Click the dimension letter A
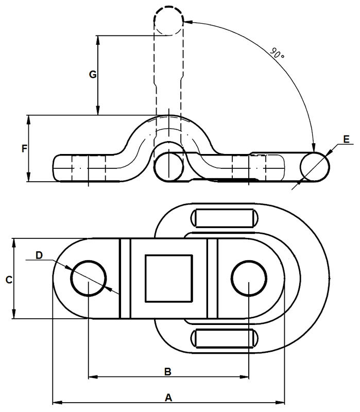tap(168, 398)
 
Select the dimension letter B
tap(168, 372)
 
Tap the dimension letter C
tap(9, 280)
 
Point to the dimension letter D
tap(39, 255)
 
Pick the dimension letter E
tap(346, 139)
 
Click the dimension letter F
tap(24, 149)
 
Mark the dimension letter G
tap(93, 75)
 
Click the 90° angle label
tap(277, 54)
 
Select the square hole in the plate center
tap(169, 278)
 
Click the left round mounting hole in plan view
tap(88, 278)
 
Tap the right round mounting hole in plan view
tap(249, 278)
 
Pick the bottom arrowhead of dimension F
tap(29, 177)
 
